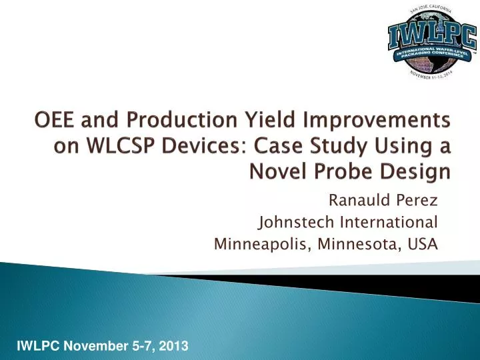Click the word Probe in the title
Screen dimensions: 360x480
click(342, 172)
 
